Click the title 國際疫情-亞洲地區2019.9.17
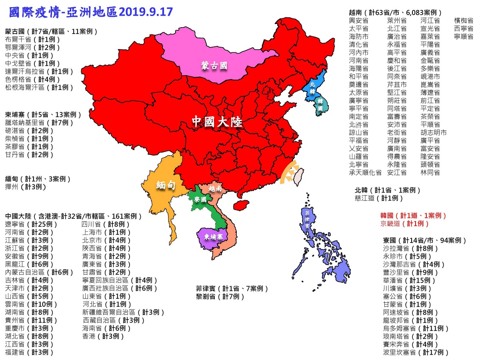coord(91,12)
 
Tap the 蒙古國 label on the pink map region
coord(214,66)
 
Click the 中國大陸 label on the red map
coord(217,121)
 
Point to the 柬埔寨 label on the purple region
coord(214,236)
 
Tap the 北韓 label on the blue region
coord(312,88)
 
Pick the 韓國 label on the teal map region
coord(320,105)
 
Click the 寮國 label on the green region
coord(200,199)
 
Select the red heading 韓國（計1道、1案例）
coord(413,216)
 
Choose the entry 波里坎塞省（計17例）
coord(416,352)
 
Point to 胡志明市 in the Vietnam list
coord(433,132)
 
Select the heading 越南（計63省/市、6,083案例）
coord(396,12)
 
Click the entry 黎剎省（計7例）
coord(220,296)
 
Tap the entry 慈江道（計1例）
coord(379,198)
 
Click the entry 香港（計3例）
coord(103,336)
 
